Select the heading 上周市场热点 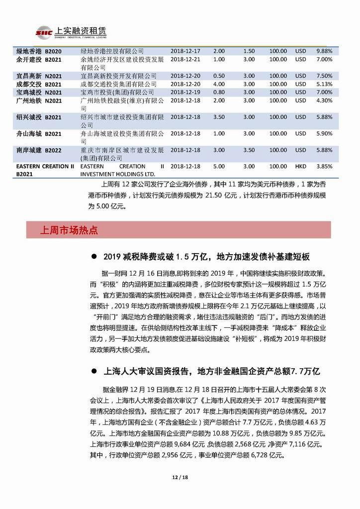click(x=69, y=230)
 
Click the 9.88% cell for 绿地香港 click(x=324, y=51)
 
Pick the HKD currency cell click(x=300, y=166)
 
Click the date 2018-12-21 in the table click(x=185, y=59)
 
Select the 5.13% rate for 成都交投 click(x=324, y=84)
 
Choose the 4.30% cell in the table click(x=324, y=101)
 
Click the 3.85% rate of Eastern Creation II click(x=324, y=166)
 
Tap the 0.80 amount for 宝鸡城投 click(x=219, y=92)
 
